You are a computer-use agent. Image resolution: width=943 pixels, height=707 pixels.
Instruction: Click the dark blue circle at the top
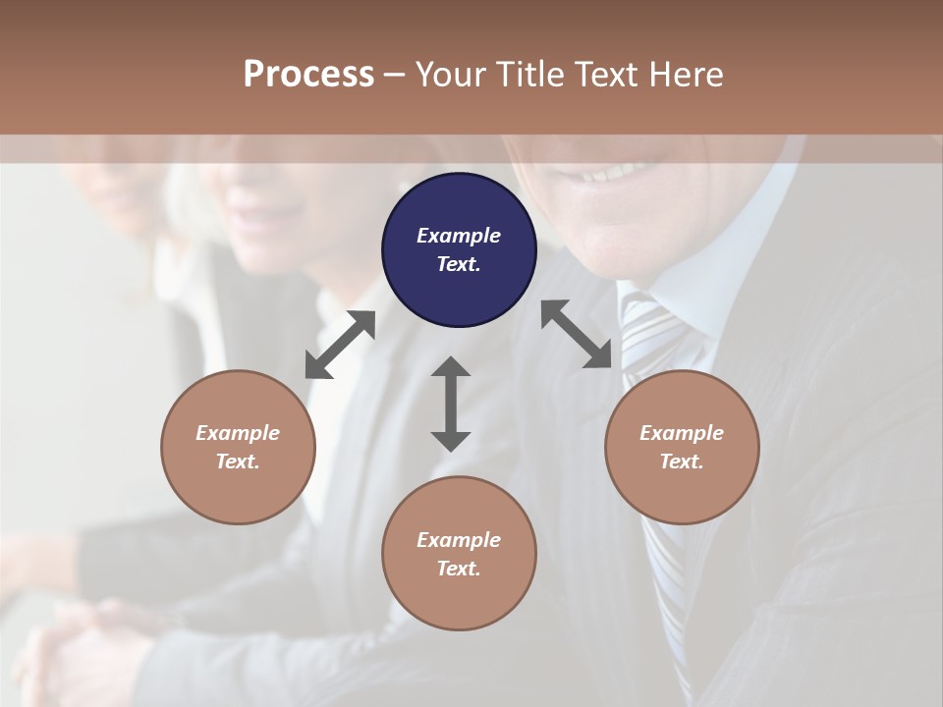[459, 249]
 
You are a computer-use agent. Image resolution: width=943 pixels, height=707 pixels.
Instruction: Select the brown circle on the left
[238, 447]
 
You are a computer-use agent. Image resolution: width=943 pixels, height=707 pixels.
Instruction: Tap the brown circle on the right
[682, 447]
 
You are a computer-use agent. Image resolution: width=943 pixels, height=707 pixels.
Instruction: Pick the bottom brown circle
[459, 553]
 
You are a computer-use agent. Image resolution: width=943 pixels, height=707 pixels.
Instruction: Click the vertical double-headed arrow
[451, 404]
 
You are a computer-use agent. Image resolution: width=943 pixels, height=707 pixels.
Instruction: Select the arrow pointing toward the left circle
[340, 345]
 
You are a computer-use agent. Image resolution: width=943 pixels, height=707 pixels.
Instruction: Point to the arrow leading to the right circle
[577, 334]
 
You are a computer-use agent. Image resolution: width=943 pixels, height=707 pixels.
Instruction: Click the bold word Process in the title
[308, 74]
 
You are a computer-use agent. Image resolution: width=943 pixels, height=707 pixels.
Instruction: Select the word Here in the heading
[688, 74]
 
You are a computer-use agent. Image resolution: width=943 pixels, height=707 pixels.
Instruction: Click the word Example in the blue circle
[459, 236]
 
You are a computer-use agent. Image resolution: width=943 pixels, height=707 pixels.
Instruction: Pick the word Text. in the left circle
[238, 462]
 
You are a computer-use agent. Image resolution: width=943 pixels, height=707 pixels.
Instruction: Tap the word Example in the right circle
[682, 433]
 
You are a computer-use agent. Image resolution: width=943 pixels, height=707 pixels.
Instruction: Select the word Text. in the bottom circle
[459, 569]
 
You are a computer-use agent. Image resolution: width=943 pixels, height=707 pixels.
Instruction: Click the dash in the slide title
[395, 74]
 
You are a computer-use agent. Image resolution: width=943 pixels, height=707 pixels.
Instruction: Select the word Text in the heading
[603, 74]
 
